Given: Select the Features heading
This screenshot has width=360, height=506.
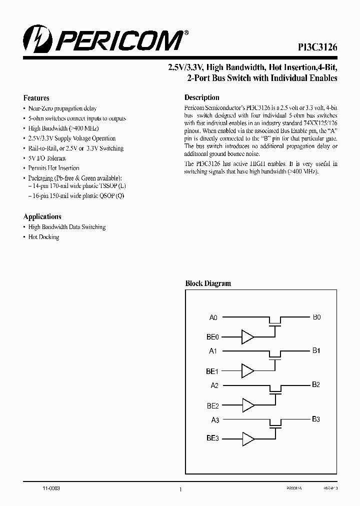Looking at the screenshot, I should (36, 98).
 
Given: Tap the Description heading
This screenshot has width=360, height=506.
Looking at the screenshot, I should (202, 97).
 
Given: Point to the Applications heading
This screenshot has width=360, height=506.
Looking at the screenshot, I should (42, 216).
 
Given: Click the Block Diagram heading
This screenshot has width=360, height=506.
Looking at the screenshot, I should (208, 283).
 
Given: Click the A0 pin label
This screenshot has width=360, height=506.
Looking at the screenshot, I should (213, 317).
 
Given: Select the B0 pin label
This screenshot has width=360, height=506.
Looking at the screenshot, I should (316, 317).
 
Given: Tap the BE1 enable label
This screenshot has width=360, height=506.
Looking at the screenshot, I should (212, 371).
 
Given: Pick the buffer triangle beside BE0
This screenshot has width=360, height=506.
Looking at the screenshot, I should (247, 337).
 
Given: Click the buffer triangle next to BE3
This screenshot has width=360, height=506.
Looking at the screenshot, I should (247, 439).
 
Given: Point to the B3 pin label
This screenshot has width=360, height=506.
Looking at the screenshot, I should (316, 419).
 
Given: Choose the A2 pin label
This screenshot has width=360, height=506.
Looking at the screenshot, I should (214, 385).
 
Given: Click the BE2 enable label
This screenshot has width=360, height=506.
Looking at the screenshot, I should (212, 405).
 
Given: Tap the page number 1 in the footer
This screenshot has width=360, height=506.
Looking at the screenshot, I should (180, 490).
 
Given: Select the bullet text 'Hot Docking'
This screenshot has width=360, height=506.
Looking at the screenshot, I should (43, 237).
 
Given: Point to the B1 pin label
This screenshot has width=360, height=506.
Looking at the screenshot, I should (316, 351).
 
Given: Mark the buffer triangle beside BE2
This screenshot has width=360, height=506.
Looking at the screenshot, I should (247, 405).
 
